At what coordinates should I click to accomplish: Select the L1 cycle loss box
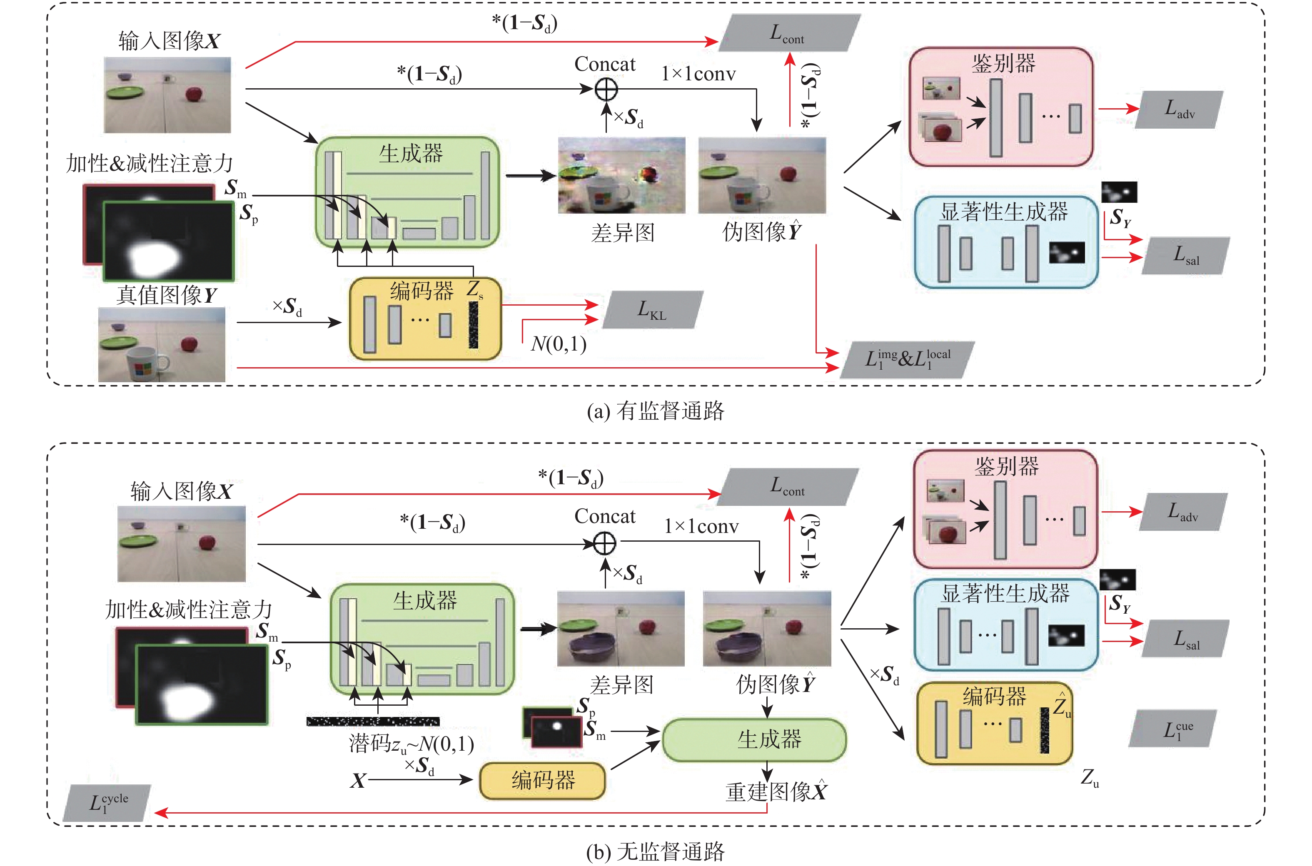(x=107, y=802)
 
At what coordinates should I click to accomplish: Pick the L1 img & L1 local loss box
(x=907, y=360)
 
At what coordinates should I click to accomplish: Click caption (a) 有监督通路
(x=655, y=411)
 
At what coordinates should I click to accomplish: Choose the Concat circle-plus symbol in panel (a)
(x=606, y=89)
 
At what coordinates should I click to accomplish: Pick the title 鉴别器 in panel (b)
(x=1007, y=467)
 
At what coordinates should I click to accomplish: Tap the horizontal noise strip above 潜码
(x=373, y=721)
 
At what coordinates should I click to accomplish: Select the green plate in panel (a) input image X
(x=125, y=92)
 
